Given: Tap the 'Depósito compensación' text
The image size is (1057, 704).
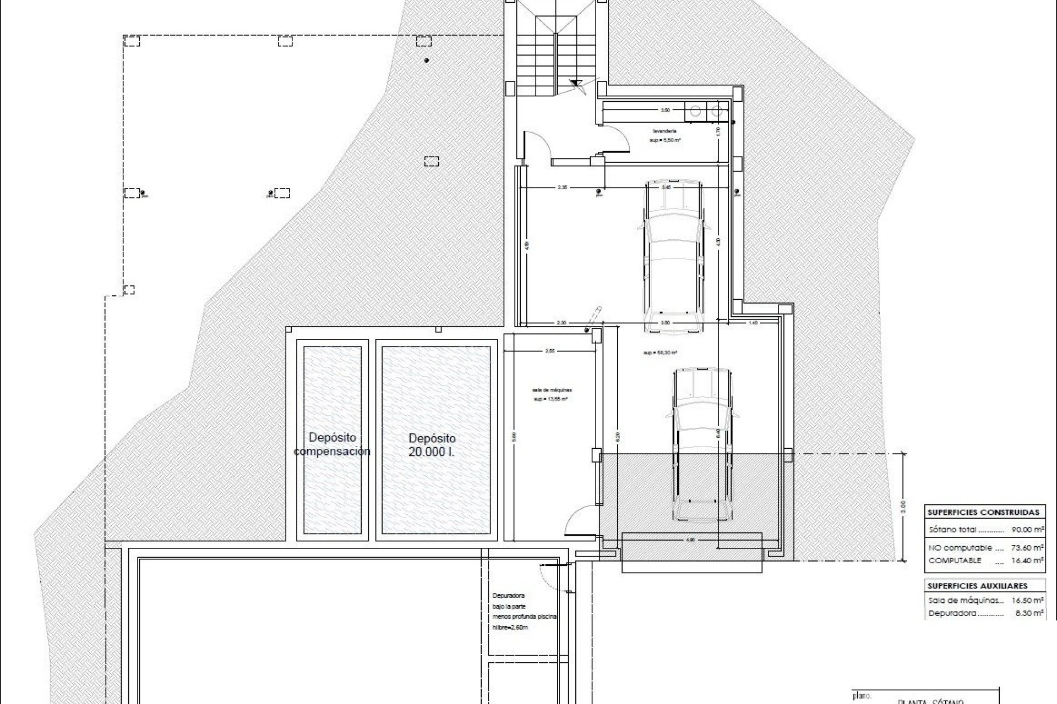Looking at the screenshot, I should (332, 444).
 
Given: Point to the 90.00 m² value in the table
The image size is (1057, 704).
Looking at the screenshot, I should (1027, 530).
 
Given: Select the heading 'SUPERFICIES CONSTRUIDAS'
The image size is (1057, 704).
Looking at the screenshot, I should (983, 512).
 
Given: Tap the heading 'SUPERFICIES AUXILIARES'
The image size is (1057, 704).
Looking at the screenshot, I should (977, 586).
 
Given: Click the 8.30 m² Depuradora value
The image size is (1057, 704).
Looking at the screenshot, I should (1029, 613).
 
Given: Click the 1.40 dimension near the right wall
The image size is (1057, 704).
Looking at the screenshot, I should (753, 323).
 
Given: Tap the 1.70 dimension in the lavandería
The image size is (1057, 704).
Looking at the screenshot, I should (718, 131).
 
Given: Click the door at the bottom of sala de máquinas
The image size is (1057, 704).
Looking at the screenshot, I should (579, 521).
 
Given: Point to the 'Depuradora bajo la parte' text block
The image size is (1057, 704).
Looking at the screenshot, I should (523, 611).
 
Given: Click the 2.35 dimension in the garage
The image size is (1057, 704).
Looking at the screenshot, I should (562, 188).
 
